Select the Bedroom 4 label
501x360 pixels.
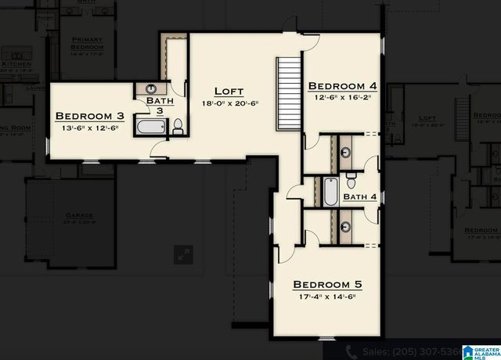pyautogui.click(x=341, y=85)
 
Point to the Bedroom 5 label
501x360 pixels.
pyautogui.click(x=327, y=284)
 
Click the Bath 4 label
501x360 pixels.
pyautogui.click(x=360, y=196)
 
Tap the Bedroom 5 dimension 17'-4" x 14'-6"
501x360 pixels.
pyautogui.click(x=326, y=297)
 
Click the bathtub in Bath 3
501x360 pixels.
pyautogui.click(x=149, y=126)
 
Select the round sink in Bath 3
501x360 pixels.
pyautogui.click(x=150, y=88)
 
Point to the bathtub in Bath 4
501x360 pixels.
pyautogui.click(x=331, y=193)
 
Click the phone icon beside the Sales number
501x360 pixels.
pyautogui.click(x=352, y=352)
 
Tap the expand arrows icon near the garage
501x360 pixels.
pyautogui.click(x=183, y=254)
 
